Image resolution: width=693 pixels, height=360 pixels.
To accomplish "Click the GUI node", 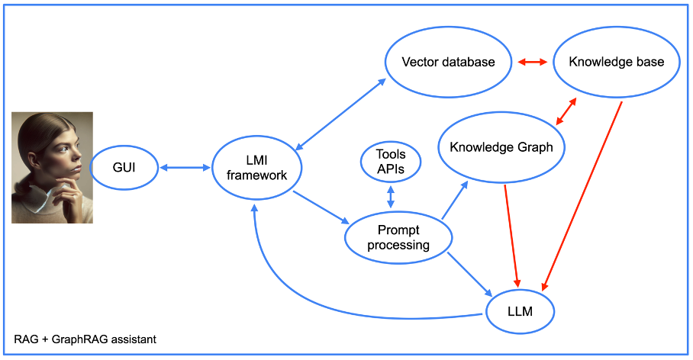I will point(123,166).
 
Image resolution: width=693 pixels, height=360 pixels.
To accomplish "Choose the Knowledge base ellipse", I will point(615,62).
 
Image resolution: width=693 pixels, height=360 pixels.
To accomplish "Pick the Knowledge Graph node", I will point(501,147).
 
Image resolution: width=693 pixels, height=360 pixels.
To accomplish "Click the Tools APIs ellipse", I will point(391,162).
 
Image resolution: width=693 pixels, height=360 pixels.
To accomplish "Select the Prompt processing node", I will point(398,237).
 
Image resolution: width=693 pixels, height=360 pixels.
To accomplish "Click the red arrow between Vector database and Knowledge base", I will point(533,62).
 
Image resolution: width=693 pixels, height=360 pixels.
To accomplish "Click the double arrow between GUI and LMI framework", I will point(184,166).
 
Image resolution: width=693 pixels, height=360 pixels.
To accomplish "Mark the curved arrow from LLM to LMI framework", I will point(321,301).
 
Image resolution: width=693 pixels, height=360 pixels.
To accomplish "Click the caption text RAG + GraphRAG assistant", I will point(85,339).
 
